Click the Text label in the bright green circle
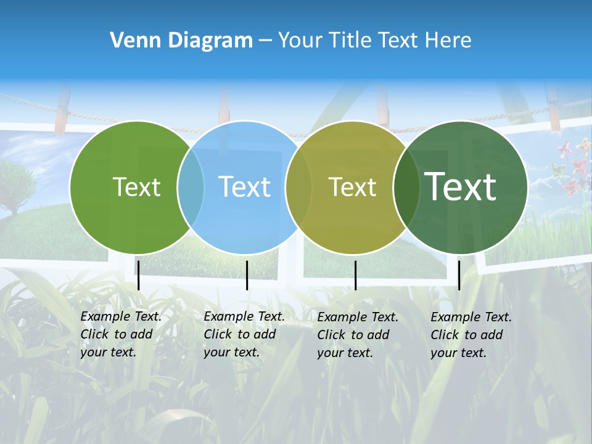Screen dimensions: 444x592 coord(136,187)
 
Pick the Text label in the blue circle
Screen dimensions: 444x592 coord(244,187)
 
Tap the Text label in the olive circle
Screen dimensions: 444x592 coord(352,187)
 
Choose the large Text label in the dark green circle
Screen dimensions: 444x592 coord(461,187)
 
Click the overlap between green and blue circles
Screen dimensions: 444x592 coord(191,187)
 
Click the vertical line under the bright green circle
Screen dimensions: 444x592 coord(138,275)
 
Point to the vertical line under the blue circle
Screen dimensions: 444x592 coord(247,275)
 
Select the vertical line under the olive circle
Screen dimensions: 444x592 coord(355,275)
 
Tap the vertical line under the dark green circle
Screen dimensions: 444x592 coord(459,275)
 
